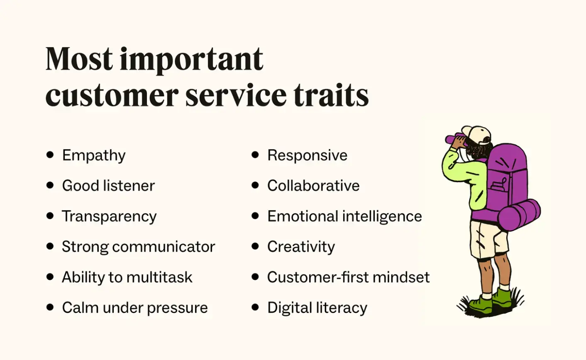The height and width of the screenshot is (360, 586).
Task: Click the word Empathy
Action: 93,156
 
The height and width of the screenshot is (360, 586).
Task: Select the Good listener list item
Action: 108,186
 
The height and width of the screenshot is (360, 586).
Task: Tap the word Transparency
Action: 109,217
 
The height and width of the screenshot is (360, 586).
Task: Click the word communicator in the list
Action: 164,247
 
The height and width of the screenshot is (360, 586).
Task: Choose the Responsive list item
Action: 307,155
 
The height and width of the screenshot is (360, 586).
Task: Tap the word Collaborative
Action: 313,186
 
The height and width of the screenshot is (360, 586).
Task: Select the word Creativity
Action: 301,247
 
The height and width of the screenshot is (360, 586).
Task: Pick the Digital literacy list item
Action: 317,308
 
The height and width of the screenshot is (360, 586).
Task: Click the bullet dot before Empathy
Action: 50,155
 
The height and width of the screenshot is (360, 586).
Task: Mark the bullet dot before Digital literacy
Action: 255,307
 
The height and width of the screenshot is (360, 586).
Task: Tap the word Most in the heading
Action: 79,59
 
